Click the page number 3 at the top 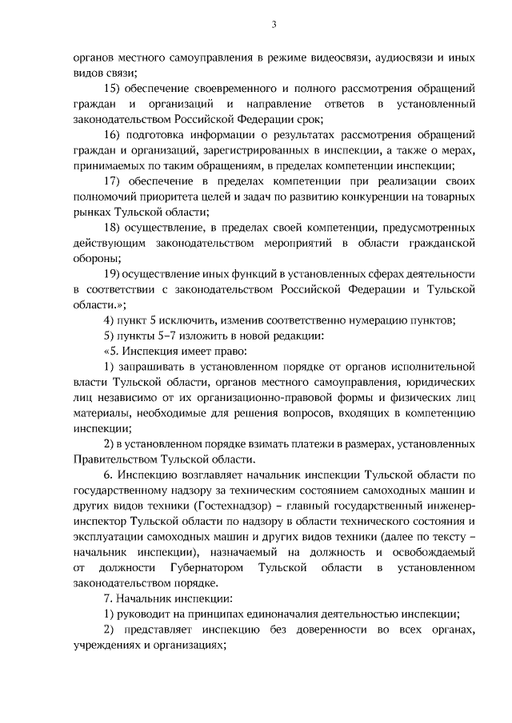[x=273, y=25]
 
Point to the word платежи [x=282, y=443]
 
